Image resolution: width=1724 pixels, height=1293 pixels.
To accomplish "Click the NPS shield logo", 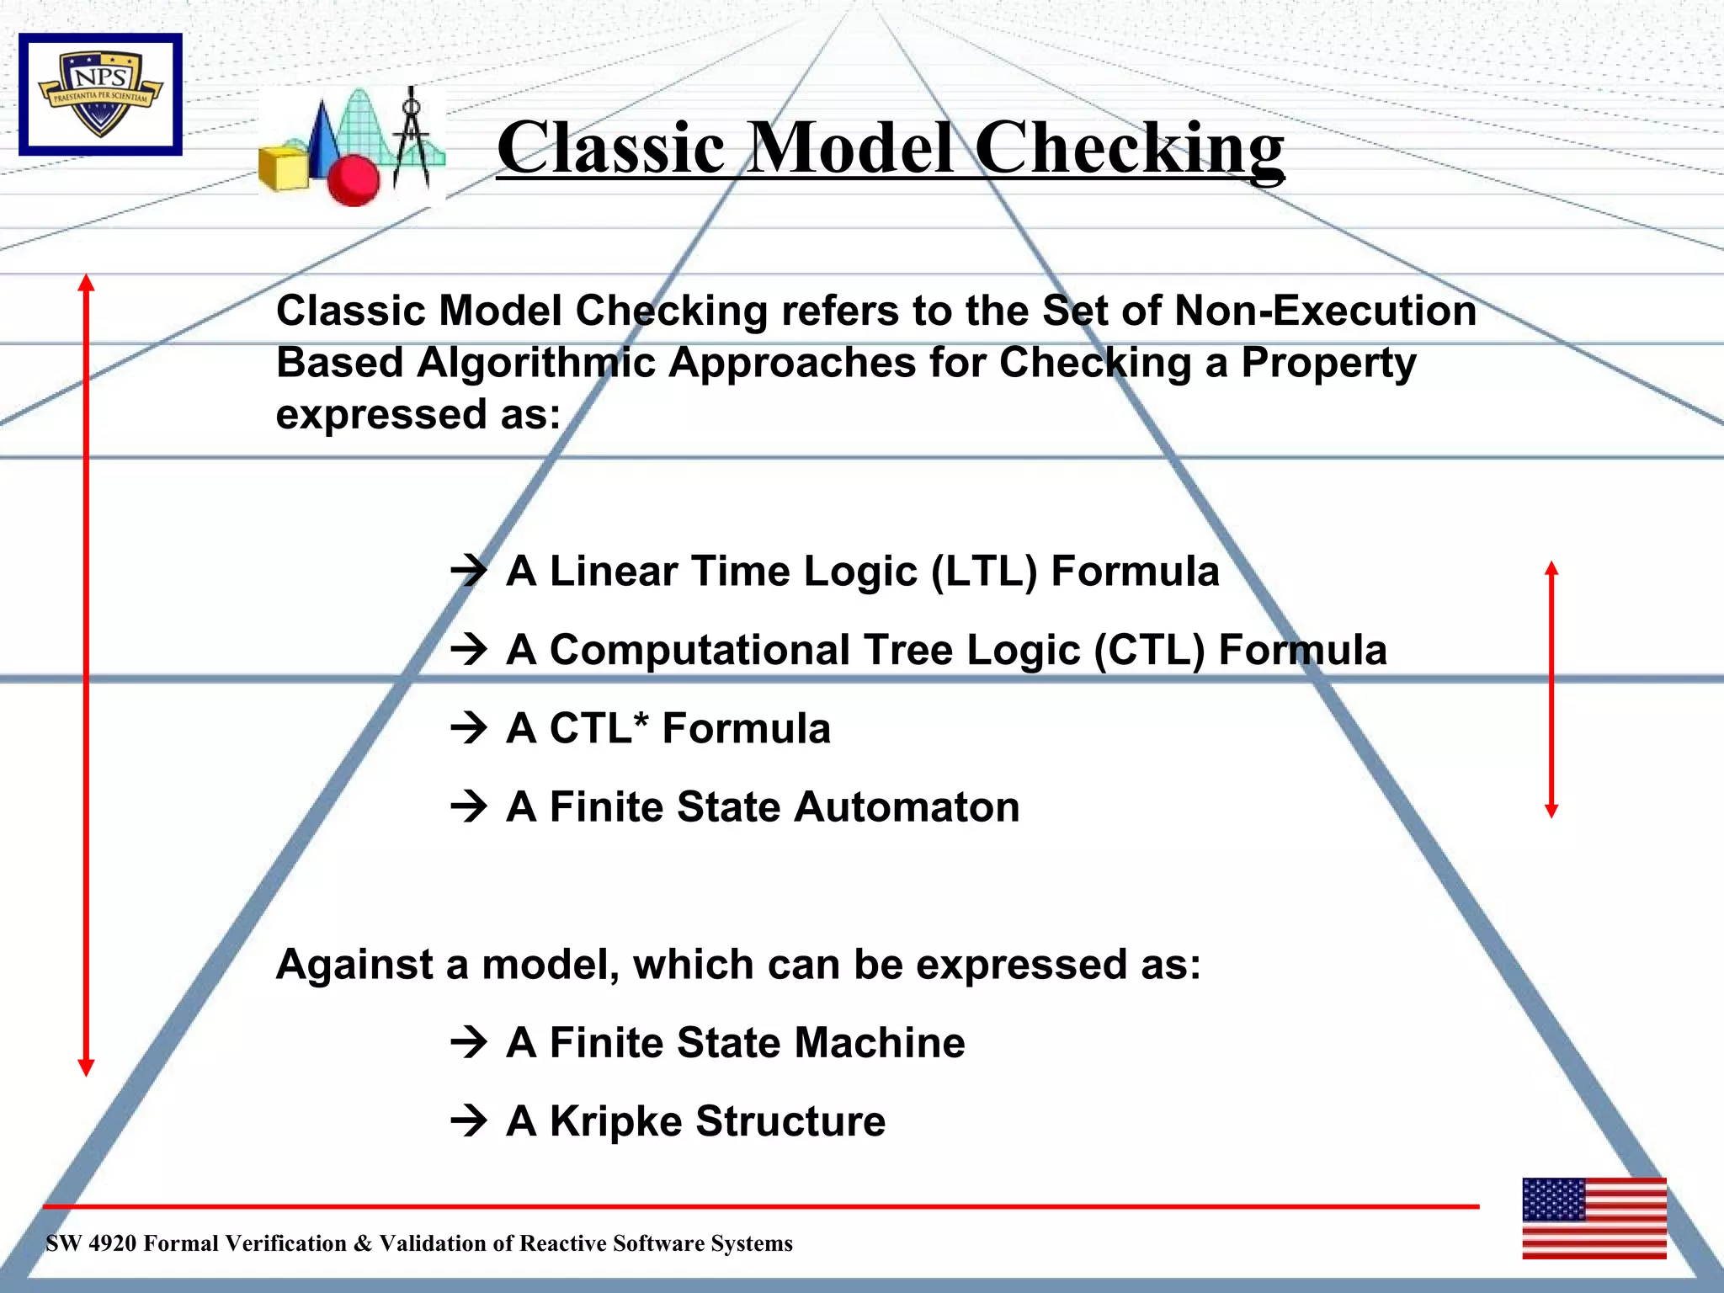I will coord(100,94).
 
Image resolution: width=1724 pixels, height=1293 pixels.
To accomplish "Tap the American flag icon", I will coord(1594,1218).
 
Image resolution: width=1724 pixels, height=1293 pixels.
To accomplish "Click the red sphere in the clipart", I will coord(353,179).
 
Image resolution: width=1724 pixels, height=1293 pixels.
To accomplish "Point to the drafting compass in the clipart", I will coord(412,139).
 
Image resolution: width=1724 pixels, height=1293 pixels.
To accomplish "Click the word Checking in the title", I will coord(1129,148).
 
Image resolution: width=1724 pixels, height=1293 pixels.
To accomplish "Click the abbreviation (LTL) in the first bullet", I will coord(983,572).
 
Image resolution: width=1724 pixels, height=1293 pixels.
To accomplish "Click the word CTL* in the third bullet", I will coord(599,728).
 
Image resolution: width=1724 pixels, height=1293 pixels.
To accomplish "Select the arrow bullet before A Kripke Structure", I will coord(469,1120).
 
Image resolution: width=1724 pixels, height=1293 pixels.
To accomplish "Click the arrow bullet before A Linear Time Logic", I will coord(469,571).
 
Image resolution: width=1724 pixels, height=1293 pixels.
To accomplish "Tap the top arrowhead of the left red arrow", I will coord(86,282).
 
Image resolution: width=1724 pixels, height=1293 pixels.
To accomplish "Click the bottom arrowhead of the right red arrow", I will coord(1551,810).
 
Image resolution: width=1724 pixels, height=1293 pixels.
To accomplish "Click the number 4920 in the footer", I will coord(111,1243).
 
